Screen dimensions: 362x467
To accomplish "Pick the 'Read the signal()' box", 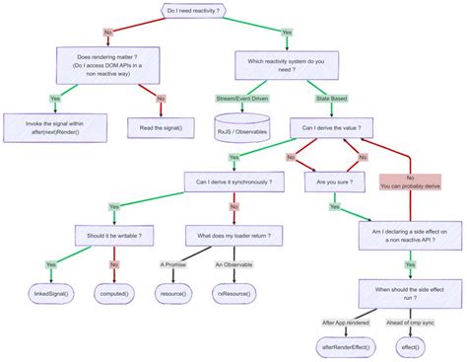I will [x=160, y=126].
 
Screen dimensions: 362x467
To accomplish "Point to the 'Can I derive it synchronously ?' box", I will [x=234, y=181].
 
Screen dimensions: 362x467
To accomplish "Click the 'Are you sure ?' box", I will [x=335, y=181].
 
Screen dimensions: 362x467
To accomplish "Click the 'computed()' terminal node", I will [x=117, y=293].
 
